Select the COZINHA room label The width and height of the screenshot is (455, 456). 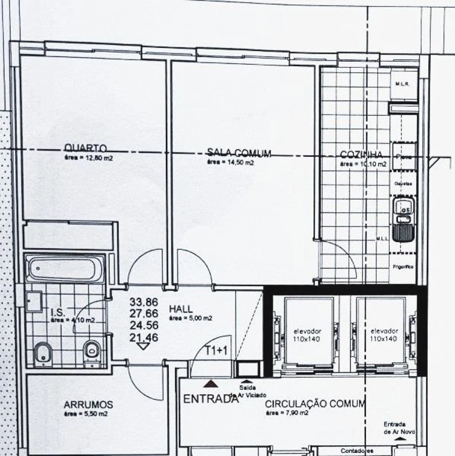click(361, 155)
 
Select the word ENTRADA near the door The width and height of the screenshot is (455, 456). click(210, 398)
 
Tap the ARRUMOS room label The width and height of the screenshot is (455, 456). click(88, 405)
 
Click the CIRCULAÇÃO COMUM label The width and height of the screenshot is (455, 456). click(315, 403)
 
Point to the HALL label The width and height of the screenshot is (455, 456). click(181, 309)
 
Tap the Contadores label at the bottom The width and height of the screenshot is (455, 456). click(357, 450)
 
